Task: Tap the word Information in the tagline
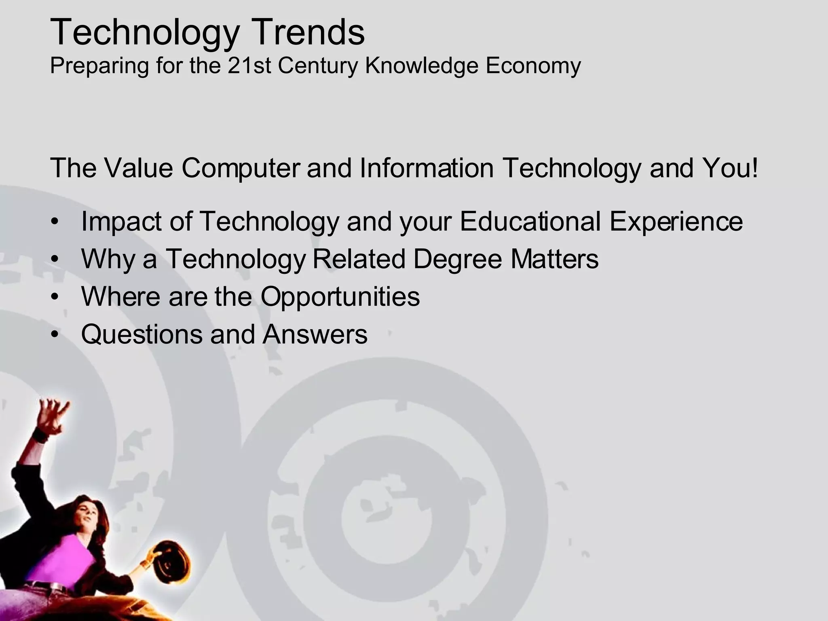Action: pyautogui.click(x=427, y=168)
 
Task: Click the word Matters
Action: pyautogui.click(x=554, y=259)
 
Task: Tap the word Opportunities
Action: pyautogui.click(x=340, y=296)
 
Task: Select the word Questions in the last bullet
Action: pyautogui.click(x=141, y=334)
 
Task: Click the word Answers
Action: pyautogui.click(x=315, y=334)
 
